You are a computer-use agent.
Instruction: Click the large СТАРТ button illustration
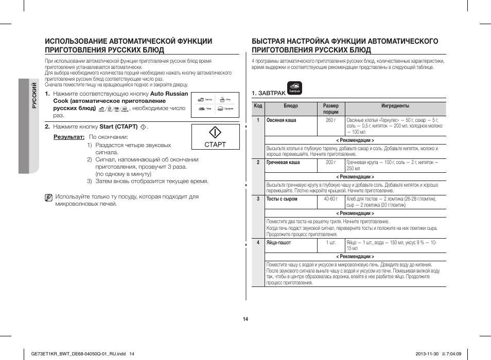215,136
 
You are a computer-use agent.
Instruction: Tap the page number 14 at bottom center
246,319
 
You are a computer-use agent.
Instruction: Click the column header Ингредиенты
395,106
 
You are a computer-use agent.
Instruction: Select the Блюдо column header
290,106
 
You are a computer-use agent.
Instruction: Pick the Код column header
258,106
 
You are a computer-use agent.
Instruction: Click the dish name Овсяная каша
281,120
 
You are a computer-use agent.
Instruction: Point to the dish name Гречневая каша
283,163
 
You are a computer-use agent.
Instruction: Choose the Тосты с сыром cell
282,199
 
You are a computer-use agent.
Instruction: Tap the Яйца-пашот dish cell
278,242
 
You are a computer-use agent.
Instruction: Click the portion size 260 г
330,120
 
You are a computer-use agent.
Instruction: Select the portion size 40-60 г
330,199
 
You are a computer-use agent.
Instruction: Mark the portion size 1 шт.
330,242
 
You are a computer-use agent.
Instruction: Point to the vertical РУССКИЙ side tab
34,96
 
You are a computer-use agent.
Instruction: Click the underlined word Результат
69,137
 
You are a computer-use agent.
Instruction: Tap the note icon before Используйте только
48,197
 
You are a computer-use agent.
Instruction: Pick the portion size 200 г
330,163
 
